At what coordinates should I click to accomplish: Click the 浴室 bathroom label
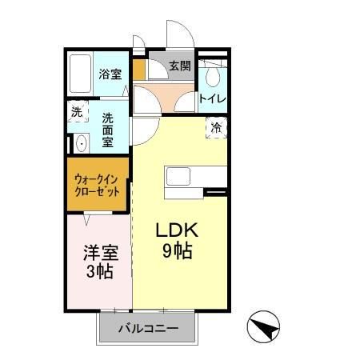(x=110, y=74)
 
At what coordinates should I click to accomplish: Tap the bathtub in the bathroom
(x=80, y=74)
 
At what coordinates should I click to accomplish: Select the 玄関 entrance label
(x=180, y=66)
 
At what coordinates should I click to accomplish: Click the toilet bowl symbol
(x=212, y=77)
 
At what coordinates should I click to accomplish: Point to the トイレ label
(x=212, y=99)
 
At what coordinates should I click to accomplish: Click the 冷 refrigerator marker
(x=216, y=127)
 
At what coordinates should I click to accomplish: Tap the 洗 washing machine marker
(x=77, y=113)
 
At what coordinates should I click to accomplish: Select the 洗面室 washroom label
(x=108, y=128)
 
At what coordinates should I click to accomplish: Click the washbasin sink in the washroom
(x=80, y=145)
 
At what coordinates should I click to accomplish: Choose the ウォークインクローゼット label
(x=97, y=186)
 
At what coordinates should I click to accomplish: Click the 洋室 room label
(x=101, y=254)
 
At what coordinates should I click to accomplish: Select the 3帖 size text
(x=101, y=272)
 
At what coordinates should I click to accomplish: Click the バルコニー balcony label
(x=148, y=327)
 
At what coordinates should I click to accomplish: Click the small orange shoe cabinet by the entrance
(x=139, y=70)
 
